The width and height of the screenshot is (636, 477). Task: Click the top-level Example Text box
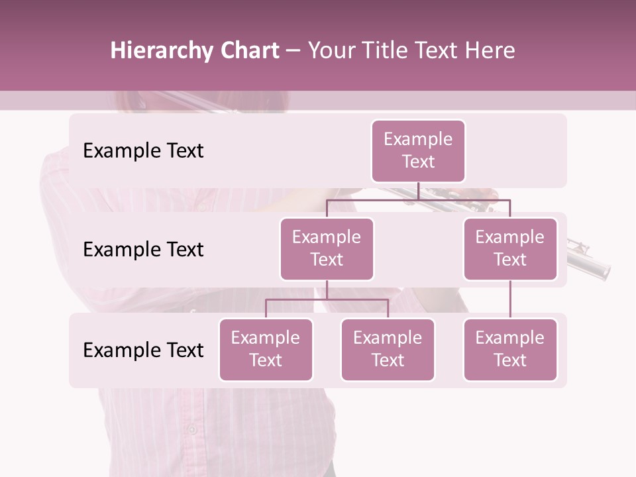pyautogui.click(x=418, y=151)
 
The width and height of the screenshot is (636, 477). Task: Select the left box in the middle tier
pyautogui.click(x=327, y=249)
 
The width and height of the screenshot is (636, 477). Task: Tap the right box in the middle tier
pyautogui.click(x=510, y=249)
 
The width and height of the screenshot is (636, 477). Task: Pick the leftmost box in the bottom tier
pyautogui.click(x=266, y=350)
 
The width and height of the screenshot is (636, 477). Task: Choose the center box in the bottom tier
pyautogui.click(x=388, y=350)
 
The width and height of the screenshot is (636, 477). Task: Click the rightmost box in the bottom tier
pyautogui.click(x=510, y=350)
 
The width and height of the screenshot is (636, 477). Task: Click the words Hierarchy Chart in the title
pyautogui.click(x=195, y=51)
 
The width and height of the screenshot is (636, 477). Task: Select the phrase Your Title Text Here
pyautogui.click(x=411, y=51)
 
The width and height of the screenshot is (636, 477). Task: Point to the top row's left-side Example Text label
pyautogui.click(x=143, y=151)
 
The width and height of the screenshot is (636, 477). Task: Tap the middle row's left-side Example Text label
pyautogui.click(x=143, y=250)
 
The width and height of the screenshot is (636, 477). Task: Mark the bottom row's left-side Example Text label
pyautogui.click(x=143, y=350)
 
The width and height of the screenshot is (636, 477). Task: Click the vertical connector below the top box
pyautogui.click(x=418, y=191)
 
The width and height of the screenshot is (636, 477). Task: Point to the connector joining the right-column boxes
pyautogui.click(x=510, y=299)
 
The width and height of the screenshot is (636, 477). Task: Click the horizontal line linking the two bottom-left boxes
pyautogui.click(x=327, y=299)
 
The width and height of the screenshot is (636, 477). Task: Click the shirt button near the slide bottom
pyautogui.click(x=191, y=429)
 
